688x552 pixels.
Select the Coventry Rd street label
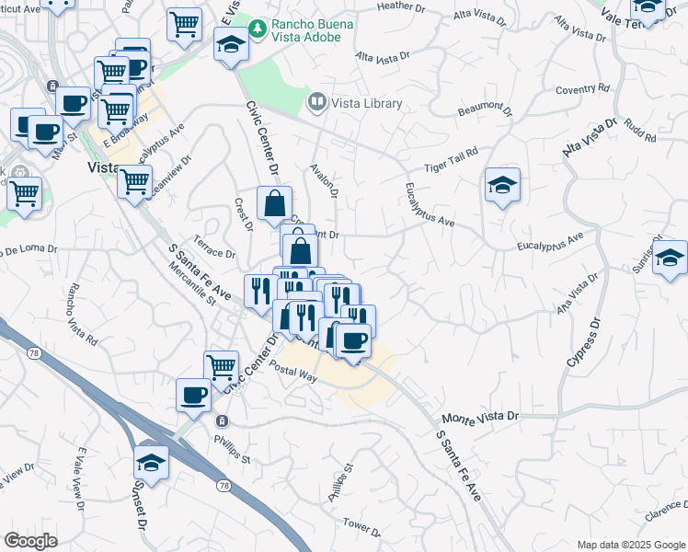[581, 89]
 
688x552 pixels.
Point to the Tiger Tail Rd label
[451, 159]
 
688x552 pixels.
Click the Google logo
[29, 541]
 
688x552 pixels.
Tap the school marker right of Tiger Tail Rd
[502, 185]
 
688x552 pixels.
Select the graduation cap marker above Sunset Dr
[151, 460]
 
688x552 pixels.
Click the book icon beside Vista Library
[317, 102]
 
